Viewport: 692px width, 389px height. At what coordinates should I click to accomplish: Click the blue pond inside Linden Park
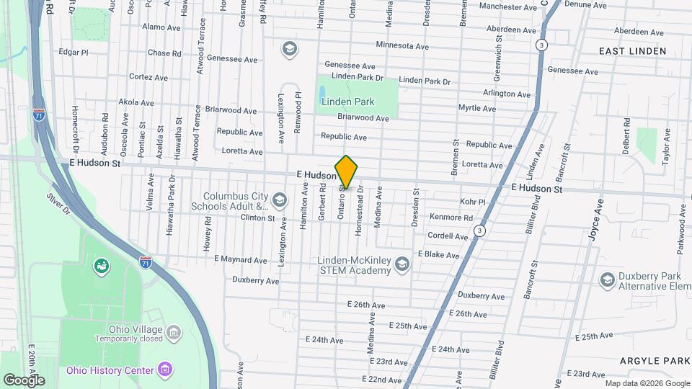point(320,94)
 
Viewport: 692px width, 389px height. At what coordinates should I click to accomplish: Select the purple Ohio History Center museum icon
point(166,370)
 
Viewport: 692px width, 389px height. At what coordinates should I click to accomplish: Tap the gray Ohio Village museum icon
point(173,332)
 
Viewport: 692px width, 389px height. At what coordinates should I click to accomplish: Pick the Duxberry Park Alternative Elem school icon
point(607,280)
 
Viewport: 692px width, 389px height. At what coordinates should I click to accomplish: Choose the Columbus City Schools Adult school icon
point(280,200)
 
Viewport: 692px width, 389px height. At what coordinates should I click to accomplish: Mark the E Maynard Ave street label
point(241,259)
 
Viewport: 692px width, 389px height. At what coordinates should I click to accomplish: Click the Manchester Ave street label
point(508,6)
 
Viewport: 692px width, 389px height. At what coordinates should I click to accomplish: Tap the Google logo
point(24,380)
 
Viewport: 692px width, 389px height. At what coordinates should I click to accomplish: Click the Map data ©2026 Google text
point(647,383)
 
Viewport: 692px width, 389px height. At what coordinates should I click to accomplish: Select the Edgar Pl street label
point(73,53)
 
